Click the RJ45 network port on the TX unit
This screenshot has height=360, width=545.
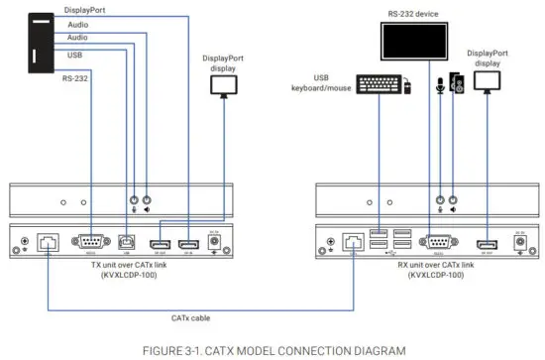pyautogui.click(x=46, y=242)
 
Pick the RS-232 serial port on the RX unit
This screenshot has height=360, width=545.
pyautogui.click(x=438, y=241)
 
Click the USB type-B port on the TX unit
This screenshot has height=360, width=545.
pyautogui.click(x=126, y=241)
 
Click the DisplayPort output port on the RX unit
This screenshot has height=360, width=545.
pyautogui.click(x=486, y=243)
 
